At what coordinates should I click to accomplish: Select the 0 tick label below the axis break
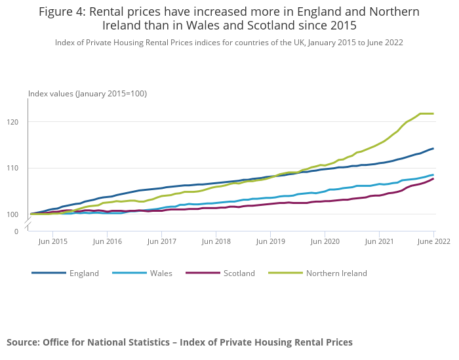pos(16,231)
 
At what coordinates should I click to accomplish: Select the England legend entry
pos(84,273)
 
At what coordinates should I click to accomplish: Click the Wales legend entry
pos(161,273)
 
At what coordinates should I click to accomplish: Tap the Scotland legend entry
pos(239,273)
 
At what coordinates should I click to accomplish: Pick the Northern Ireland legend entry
pos(336,273)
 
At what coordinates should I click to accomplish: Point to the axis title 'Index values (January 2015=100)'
pos(87,94)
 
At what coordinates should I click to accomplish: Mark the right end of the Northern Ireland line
pos(433,114)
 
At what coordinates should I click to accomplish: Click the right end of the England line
pos(433,148)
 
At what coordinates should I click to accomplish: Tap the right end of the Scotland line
pos(433,179)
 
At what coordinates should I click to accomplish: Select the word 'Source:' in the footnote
pos(23,342)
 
